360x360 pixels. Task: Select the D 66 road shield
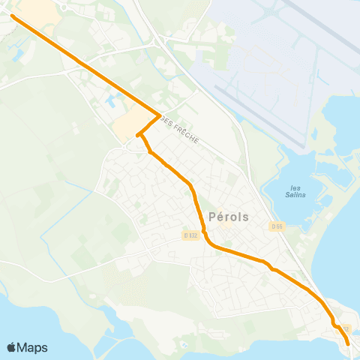pyautogui.click(x=277, y=226)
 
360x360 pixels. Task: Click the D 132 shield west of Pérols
pyautogui.click(x=190, y=235)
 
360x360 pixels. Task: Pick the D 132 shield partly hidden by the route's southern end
pyautogui.click(x=344, y=328)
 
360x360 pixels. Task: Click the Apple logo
pyautogui.click(x=11, y=347)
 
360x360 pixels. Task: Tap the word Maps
pyautogui.click(x=32, y=347)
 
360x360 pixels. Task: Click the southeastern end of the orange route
pyautogui.click(x=349, y=343)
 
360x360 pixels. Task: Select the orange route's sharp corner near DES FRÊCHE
pyautogui.click(x=160, y=115)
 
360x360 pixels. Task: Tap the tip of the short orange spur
pyautogui.click(x=137, y=136)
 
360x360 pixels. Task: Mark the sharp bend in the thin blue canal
pyautogui.click(x=93, y=192)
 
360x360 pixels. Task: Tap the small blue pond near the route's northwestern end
pyautogui.click(x=16, y=54)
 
